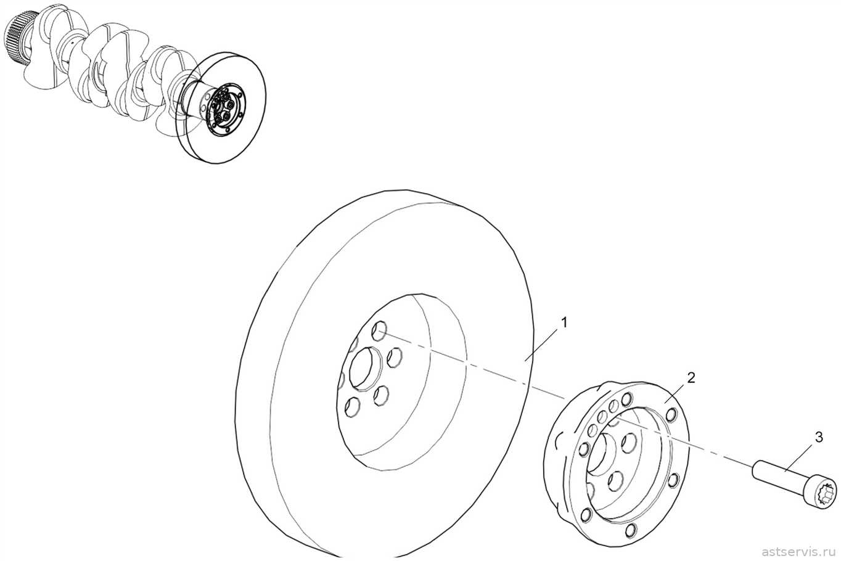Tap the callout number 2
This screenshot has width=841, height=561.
[x=691, y=377]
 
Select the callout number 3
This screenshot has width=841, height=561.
[x=819, y=437]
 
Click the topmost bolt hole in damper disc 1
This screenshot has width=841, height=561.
[x=379, y=330]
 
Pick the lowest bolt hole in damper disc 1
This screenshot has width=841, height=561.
[x=352, y=407]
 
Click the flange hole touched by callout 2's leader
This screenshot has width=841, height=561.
[x=671, y=415]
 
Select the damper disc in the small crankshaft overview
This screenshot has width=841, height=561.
[x=221, y=107]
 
